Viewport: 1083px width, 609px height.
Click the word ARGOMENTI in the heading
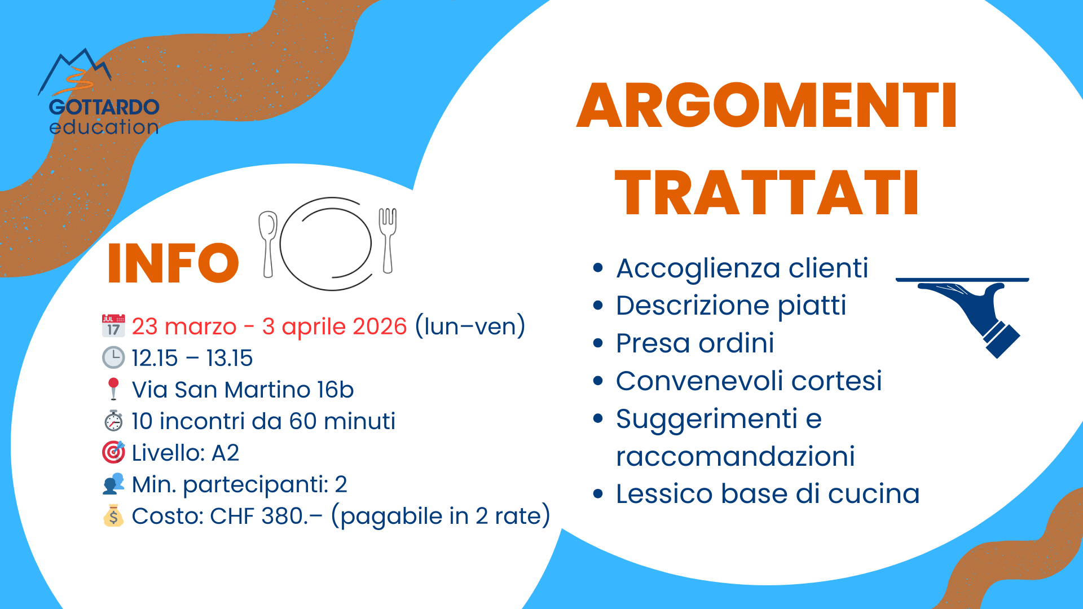[767, 105]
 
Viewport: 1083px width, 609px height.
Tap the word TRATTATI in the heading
[767, 193]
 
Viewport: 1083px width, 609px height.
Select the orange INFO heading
[173, 263]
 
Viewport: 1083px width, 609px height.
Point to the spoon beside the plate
[268, 244]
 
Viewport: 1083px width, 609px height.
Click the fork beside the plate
[388, 240]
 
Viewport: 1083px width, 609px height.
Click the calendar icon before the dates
[113, 326]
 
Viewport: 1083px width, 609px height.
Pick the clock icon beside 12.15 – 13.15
[113, 358]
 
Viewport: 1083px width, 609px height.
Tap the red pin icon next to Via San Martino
[113, 389]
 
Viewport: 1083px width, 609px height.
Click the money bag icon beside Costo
[113, 515]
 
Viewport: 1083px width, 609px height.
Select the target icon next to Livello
[113, 452]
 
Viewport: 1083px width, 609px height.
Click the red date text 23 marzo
[184, 326]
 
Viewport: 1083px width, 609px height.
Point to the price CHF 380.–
[266, 516]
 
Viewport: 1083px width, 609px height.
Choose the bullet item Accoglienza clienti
[742, 268]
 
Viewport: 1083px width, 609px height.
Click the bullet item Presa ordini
[695, 343]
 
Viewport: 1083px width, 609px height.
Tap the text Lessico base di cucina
[768, 494]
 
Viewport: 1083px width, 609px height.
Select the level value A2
[225, 453]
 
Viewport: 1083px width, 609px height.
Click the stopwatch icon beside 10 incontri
[113, 421]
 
